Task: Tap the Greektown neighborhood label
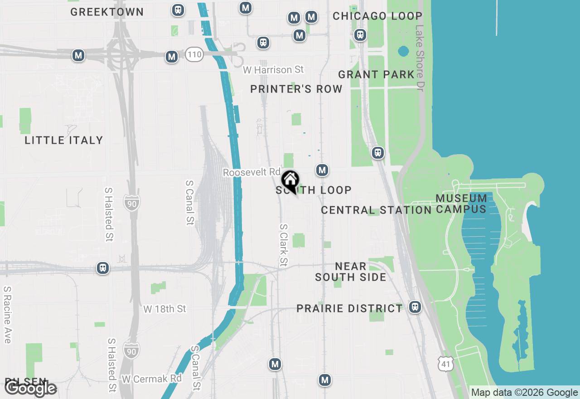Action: coord(107,12)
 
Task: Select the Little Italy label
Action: coord(64,140)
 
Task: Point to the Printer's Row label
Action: coord(296,89)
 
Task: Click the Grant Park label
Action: coord(376,74)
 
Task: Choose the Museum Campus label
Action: coord(461,204)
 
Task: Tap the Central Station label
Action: coord(376,210)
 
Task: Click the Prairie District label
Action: coord(349,309)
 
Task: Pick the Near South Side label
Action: coord(351,272)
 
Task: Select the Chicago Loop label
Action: coord(377,16)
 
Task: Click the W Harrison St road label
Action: coord(273,70)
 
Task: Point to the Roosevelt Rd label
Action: coord(252,173)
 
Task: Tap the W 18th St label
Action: coord(164,309)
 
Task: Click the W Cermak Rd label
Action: coord(151,379)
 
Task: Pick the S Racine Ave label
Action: coord(7,314)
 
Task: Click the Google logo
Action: coord(31,388)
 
